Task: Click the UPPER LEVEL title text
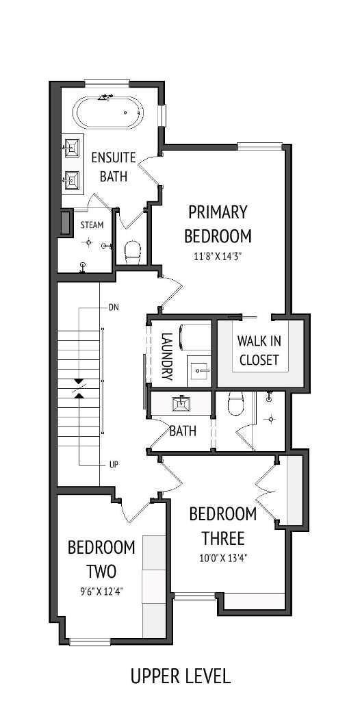(181, 677)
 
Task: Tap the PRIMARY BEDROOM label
(218, 224)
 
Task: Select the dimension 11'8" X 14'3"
(218, 257)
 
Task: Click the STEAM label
(92, 225)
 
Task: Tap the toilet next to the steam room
(133, 251)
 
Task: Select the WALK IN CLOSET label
(259, 349)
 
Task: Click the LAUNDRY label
(166, 356)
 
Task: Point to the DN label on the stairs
(114, 307)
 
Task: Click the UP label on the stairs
(114, 464)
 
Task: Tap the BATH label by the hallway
(183, 431)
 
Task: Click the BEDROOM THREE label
(223, 524)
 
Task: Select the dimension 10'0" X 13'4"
(223, 557)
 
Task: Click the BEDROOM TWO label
(101, 559)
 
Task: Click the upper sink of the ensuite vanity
(72, 146)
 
